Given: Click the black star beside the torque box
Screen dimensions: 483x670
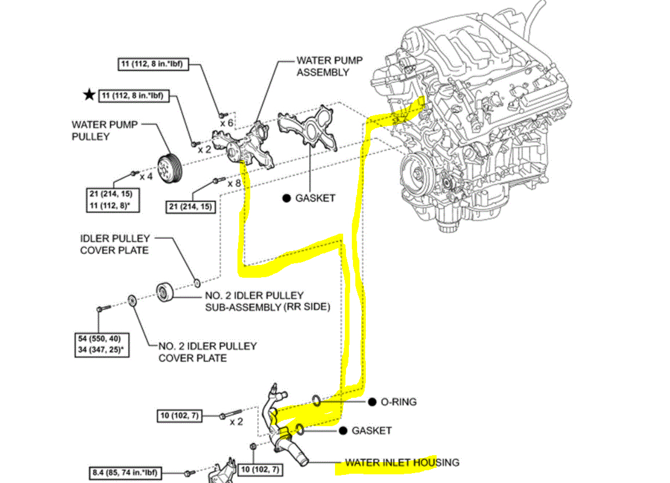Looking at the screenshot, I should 88,95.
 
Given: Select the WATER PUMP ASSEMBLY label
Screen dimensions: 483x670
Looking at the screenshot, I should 323,66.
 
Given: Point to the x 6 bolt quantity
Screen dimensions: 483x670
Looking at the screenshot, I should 226,124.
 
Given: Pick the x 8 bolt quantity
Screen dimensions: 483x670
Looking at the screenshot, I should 234,183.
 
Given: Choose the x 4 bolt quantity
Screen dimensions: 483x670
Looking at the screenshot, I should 145,176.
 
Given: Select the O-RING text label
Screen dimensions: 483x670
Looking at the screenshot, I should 398,402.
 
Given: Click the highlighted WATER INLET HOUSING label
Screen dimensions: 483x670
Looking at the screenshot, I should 402,463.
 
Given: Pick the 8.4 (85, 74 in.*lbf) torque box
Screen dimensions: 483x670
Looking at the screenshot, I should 125,473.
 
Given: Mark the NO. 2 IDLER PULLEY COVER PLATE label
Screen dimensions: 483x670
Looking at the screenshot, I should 207,352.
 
